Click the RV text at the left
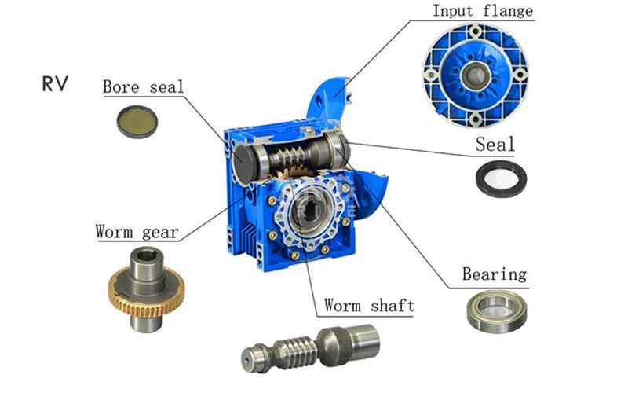pyautogui.click(x=55, y=84)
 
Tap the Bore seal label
pyautogui.click(x=143, y=86)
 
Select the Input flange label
pyautogui.click(x=483, y=10)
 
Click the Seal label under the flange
pyautogui.click(x=495, y=145)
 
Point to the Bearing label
pyautogui.click(x=495, y=274)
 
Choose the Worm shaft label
pyautogui.click(x=369, y=305)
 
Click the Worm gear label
pyautogui.click(x=137, y=232)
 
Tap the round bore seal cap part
pyautogui.click(x=137, y=122)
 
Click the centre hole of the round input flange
pyautogui.click(x=476, y=75)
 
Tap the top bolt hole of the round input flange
pyautogui.click(x=476, y=31)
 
